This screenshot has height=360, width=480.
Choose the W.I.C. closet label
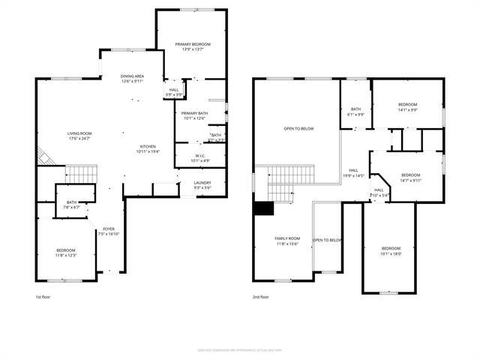tap(194, 157)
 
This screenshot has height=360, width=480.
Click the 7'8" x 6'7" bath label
tap(71, 204)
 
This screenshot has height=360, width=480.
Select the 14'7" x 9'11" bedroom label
tap(411, 177)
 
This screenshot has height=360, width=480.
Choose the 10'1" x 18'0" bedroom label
tap(391, 250)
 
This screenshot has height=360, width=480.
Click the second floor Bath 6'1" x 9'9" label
tap(356, 112)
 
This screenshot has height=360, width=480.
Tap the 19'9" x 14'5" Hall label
tap(353, 172)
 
